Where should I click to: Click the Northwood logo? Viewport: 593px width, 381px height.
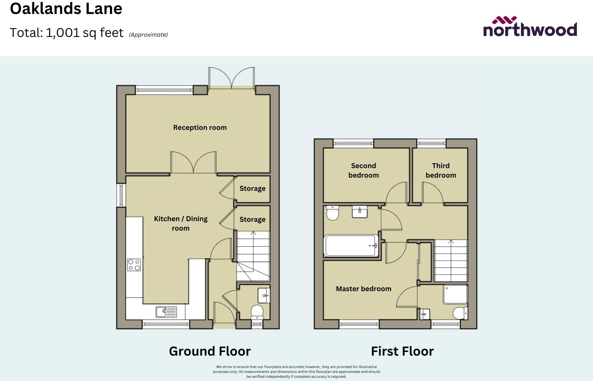click(530, 26)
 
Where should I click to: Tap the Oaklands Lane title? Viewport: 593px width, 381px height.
click(66, 8)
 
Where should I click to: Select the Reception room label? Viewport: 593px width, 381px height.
click(200, 127)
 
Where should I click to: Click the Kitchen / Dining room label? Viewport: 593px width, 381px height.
click(181, 223)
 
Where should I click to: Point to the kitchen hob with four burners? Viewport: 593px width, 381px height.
click(134, 265)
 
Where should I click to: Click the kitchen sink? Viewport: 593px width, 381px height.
click(166, 312)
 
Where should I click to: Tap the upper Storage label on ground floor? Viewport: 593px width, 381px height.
click(252, 188)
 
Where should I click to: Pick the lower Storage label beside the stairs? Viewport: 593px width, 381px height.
click(252, 219)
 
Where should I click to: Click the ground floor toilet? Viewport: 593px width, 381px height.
click(257, 312)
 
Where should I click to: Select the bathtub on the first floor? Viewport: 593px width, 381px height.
click(351, 246)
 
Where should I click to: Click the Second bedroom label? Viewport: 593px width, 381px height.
click(364, 170)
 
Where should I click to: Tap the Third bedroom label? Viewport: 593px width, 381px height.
click(441, 170)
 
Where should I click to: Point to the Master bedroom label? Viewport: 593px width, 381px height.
click(364, 289)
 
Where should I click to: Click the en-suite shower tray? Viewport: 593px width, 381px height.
click(455, 294)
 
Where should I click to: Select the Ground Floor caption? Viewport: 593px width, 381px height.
click(210, 351)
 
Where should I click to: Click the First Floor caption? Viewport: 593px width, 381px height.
click(402, 351)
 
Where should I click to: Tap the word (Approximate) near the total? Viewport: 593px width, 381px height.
click(148, 35)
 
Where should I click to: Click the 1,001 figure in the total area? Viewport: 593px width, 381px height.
click(63, 33)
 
